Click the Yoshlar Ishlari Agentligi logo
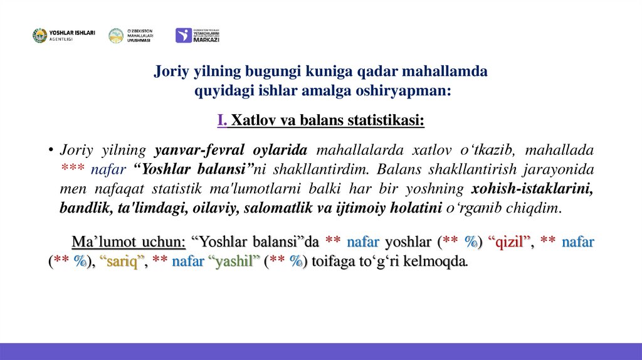click(x=63, y=36)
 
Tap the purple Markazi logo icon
click(x=183, y=36)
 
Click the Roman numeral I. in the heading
click(x=223, y=120)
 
